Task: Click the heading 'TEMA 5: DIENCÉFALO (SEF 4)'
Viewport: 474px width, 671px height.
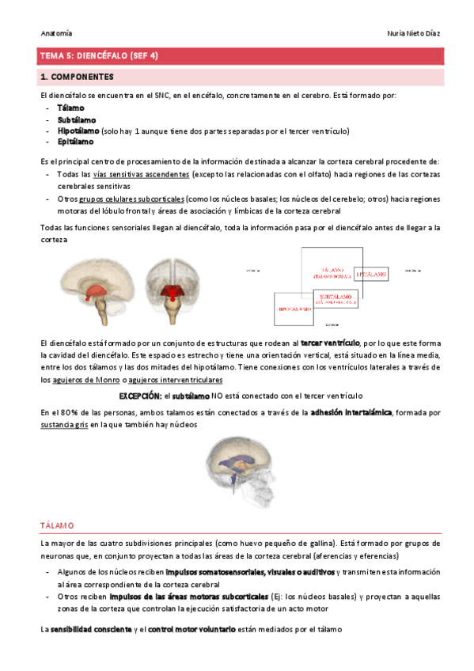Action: pyautogui.click(x=99, y=56)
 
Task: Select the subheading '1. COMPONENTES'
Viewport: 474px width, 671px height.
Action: pyautogui.click(x=77, y=78)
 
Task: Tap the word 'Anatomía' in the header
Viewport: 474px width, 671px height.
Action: pyautogui.click(x=55, y=33)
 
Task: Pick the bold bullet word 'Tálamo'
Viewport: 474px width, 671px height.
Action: pyautogui.click(x=70, y=108)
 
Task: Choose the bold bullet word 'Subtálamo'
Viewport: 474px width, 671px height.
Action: pyautogui.click(x=76, y=119)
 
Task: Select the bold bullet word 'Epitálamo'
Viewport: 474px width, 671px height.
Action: pyautogui.click(x=75, y=142)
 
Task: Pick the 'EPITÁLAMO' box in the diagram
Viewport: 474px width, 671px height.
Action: pyautogui.click(x=371, y=274)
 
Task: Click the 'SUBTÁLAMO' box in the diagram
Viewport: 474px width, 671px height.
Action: pyautogui.click(x=336, y=298)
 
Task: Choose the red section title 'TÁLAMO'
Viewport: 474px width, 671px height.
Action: pyautogui.click(x=57, y=525)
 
